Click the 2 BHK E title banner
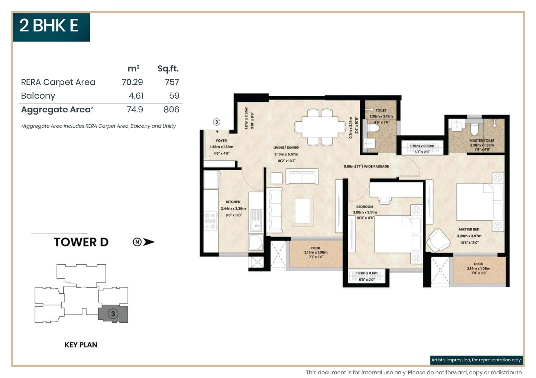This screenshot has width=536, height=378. pyautogui.click(x=51, y=27)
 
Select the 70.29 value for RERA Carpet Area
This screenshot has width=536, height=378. pyautogui.click(x=132, y=82)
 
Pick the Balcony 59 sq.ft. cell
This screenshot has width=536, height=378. pyautogui.click(x=174, y=96)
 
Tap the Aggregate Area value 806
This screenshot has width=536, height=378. pyautogui.click(x=171, y=110)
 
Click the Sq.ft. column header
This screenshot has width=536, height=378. pyautogui.click(x=168, y=69)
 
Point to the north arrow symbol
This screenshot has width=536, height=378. pyautogui.click(x=144, y=242)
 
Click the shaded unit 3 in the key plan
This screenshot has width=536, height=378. pyautogui.click(x=113, y=314)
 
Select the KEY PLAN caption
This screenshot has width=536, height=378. pyautogui.click(x=81, y=345)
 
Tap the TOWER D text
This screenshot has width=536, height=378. pyautogui.click(x=81, y=242)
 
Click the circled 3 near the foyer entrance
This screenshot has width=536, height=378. pyautogui.click(x=217, y=122)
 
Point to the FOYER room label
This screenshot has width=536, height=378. pyautogui.click(x=221, y=141)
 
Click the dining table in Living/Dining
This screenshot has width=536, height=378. pyautogui.click(x=320, y=127)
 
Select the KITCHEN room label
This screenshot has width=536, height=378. pyautogui.click(x=233, y=202)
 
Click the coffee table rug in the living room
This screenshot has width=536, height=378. pyautogui.click(x=303, y=211)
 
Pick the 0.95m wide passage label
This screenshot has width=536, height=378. pyautogui.click(x=366, y=167)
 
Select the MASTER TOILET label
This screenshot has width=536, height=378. pyautogui.click(x=482, y=141)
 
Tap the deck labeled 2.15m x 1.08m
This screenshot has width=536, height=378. pyautogui.click(x=316, y=253)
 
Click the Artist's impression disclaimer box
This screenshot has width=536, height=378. pyautogui.click(x=476, y=360)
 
